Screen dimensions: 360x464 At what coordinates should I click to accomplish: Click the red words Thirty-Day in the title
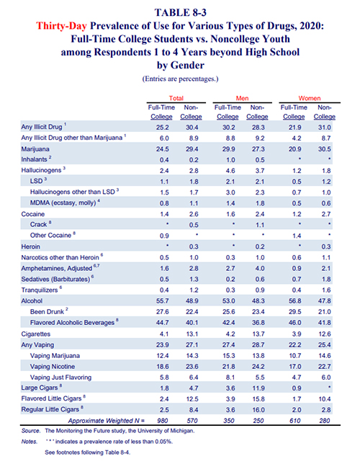61,26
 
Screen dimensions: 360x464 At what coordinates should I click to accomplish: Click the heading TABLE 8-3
180,13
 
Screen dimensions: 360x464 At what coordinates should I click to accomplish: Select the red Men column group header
242,98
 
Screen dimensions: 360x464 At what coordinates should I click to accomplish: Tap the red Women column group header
310,98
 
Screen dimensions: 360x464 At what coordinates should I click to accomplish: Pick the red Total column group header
176,98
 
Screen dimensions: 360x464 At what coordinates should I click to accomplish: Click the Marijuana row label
35,149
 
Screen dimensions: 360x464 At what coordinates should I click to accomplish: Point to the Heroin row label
30,247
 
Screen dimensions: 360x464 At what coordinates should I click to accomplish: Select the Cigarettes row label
36,334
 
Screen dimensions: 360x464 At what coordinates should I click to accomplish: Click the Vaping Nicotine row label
53,367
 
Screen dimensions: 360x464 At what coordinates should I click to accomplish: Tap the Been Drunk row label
47,312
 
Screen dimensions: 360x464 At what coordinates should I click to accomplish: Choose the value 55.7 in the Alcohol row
163,301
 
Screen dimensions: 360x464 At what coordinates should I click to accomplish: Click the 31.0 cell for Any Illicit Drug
325,128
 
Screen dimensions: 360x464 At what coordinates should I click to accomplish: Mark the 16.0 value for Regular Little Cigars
258,410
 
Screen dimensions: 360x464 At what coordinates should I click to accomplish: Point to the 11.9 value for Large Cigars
258,388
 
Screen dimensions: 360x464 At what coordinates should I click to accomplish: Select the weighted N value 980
163,421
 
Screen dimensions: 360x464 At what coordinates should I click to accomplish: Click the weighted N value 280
325,421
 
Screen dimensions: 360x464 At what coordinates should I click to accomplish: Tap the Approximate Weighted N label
107,421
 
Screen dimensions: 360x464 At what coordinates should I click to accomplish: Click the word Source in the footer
31,431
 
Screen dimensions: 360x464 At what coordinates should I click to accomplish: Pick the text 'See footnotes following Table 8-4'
88,452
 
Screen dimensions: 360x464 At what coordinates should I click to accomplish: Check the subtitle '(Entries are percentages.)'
180,79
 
